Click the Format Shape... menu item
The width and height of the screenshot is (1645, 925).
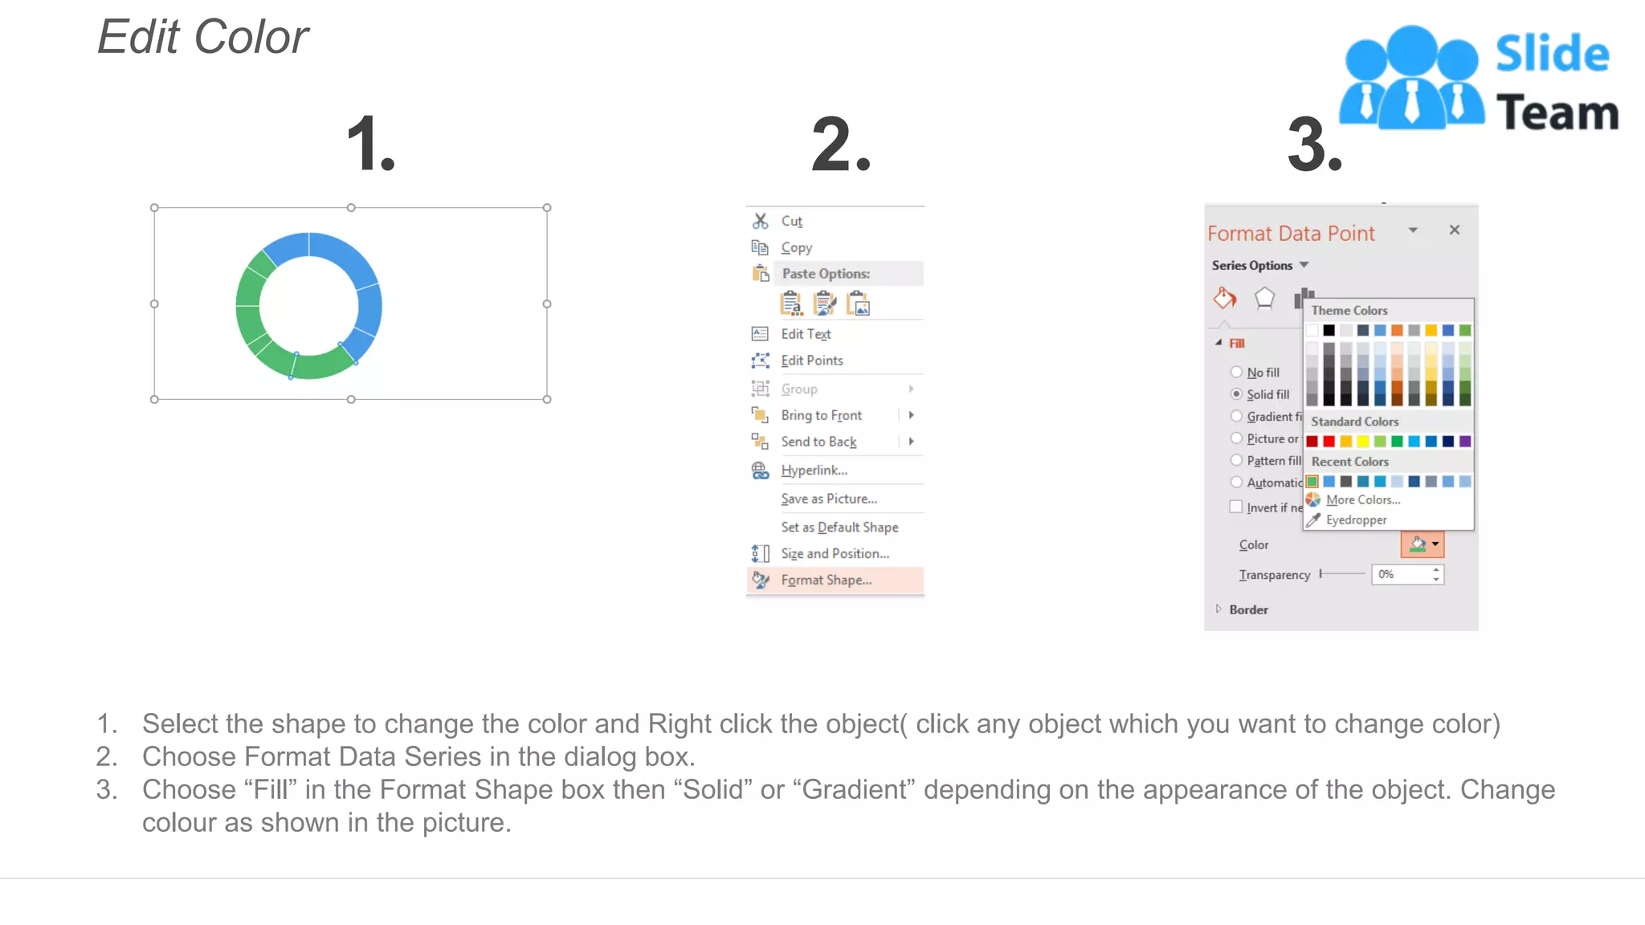tap(826, 580)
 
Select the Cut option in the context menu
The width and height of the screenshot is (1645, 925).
tap(791, 221)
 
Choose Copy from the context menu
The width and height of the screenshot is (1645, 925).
tap(796, 247)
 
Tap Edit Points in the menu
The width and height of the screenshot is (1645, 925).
tap(811, 361)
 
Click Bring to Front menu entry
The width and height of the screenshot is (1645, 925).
tap(821, 415)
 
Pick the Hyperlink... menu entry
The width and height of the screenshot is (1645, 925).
tap(814, 471)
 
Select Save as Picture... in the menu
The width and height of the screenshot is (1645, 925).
tap(828, 499)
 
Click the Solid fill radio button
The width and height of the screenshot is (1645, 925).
tap(1237, 394)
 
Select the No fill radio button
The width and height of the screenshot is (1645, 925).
tap(1237, 373)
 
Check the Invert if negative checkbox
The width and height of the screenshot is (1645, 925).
tap(1236, 507)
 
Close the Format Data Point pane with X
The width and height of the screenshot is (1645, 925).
tap(1454, 230)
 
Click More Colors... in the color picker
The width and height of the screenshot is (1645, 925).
tap(1362, 499)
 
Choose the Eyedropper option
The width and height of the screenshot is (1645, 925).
tap(1356, 520)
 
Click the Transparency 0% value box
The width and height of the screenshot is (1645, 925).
tap(1401, 574)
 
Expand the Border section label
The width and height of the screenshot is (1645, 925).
tap(1248, 609)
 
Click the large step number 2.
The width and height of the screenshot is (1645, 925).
tap(840, 145)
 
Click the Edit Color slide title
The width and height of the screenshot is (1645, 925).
tap(203, 37)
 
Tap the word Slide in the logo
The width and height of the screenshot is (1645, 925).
tap(1552, 54)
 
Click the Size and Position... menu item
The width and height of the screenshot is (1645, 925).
tap(835, 553)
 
